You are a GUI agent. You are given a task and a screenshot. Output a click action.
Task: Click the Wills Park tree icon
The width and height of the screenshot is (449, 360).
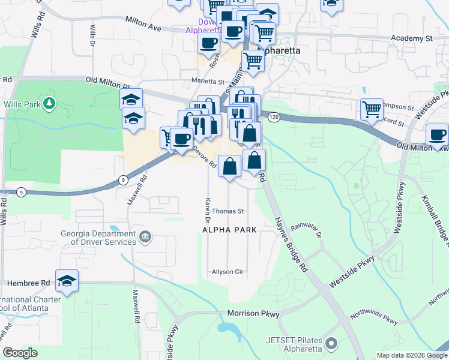[x=49, y=104]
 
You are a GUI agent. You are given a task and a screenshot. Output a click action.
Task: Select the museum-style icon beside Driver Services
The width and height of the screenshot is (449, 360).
[x=145, y=238]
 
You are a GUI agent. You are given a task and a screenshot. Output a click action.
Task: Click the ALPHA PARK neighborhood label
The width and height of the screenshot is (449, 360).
[x=229, y=230]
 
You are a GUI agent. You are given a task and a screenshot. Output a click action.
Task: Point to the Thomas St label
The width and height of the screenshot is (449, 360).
[x=228, y=211]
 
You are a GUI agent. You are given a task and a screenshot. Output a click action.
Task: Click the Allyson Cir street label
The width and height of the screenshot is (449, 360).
[x=227, y=272]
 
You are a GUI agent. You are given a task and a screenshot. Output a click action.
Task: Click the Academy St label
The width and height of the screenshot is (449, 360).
[x=411, y=38]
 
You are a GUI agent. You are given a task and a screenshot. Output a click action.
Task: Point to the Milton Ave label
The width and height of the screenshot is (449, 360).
[x=143, y=23]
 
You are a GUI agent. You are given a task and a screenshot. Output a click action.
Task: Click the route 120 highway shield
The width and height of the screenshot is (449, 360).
[x=274, y=116]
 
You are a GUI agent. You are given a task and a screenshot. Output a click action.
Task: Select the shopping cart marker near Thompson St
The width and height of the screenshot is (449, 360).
[x=372, y=109]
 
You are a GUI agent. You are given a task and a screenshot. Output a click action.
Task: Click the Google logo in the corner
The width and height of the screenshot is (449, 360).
[x=20, y=352]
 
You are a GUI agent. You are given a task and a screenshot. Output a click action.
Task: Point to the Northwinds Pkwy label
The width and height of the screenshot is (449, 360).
[x=374, y=316]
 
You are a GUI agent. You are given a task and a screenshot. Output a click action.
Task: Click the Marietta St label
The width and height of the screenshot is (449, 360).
[x=208, y=82]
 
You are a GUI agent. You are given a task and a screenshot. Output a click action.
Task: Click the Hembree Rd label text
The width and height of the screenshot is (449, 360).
[x=28, y=283]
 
